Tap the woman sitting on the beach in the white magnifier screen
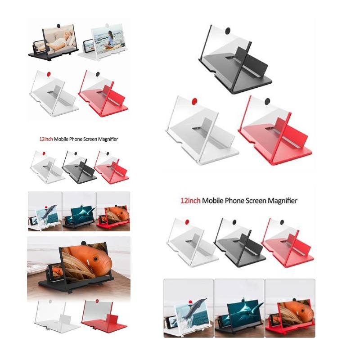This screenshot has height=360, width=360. point(110,39)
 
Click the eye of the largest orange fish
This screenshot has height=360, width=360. point(95,259)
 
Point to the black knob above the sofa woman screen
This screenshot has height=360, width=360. point(59,26)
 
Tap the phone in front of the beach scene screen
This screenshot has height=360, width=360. point(88,46)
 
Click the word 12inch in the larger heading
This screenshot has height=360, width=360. point(190,201)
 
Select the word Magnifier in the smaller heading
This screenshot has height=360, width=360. point(108,139)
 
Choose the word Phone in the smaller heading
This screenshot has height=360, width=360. point(76,139)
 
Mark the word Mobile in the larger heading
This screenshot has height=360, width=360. point(212,201)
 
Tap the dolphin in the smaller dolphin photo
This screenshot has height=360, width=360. point(49,211)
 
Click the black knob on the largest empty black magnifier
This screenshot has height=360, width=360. point(228,31)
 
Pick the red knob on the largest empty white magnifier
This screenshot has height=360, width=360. point(194,101)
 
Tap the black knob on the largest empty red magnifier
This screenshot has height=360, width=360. point(267,101)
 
